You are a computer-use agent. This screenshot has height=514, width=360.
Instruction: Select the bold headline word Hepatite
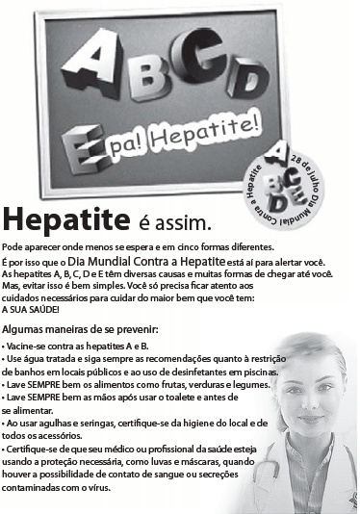coord(66,221)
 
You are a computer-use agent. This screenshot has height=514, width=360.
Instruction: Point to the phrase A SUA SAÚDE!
coord(32,308)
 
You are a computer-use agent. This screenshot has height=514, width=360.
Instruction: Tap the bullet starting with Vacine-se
coord(77,345)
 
